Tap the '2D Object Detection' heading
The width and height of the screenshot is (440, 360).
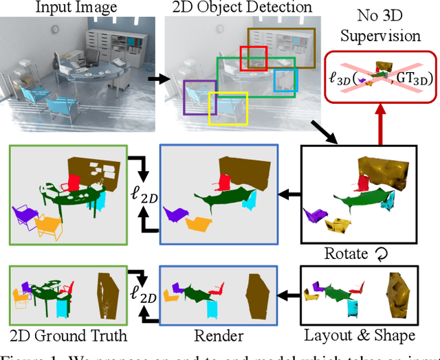tap(238, 8)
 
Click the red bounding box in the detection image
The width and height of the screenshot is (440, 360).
tap(253, 58)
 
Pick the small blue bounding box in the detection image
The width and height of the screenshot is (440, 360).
tap(283, 80)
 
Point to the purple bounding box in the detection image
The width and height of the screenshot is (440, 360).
tap(199, 96)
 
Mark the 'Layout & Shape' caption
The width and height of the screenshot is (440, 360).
tap(369, 336)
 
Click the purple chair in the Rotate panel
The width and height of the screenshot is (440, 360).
tap(316, 214)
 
